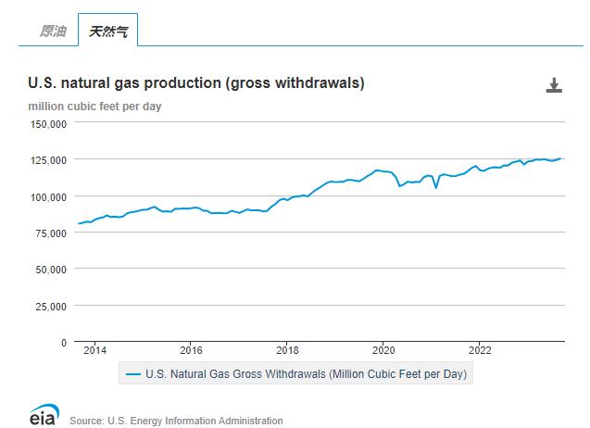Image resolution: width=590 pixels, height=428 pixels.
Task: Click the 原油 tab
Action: click(x=52, y=31)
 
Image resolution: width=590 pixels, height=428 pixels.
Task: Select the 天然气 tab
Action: click(x=107, y=31)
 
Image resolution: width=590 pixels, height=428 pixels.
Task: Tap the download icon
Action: click(x=554, y=86)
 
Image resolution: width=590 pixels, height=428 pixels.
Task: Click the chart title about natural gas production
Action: click(x=196, y=83)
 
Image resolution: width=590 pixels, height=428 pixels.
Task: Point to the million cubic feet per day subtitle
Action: click(x=94, y=107)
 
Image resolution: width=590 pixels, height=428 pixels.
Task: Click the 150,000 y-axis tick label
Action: click(x=48, y=123)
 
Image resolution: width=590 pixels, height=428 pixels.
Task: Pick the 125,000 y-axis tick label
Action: click(x=48, y=159)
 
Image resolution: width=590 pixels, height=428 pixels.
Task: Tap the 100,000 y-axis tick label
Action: click(x=48, y=196)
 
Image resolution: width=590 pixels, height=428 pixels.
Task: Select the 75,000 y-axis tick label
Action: click(x=51, y=233)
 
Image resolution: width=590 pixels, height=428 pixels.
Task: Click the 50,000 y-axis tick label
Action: click(x=51, y=269)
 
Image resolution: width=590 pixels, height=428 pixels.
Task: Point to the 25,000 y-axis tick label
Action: click(x=51, y=306)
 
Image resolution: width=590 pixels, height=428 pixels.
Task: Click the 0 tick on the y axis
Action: click(x=64, y=342)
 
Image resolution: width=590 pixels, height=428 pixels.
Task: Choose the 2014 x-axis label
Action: click(x=94, y=351)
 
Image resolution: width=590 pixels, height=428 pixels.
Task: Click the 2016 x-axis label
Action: click(x=191, y=351)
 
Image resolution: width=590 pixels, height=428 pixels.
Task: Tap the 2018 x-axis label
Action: click(x=287, y=351)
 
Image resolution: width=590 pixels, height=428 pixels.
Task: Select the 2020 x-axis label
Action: click(x=383, y=351)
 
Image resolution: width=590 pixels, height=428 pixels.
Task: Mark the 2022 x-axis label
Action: click(x=480, y=351)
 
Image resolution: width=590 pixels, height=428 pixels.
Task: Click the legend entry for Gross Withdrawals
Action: click(x=297, y=374)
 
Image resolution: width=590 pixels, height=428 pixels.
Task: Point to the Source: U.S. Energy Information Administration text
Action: click(x=176, y=421)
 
